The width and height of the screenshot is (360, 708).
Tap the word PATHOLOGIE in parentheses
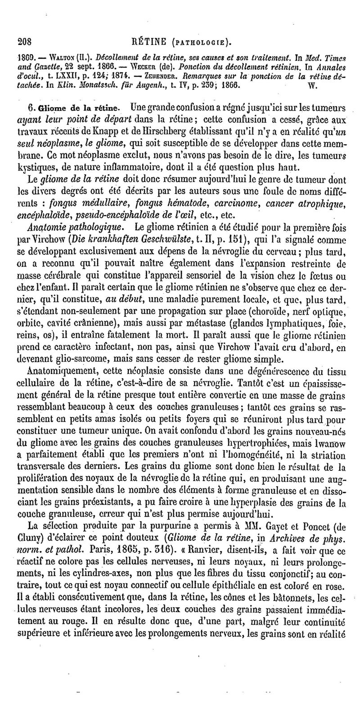click(x=199, y=43)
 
